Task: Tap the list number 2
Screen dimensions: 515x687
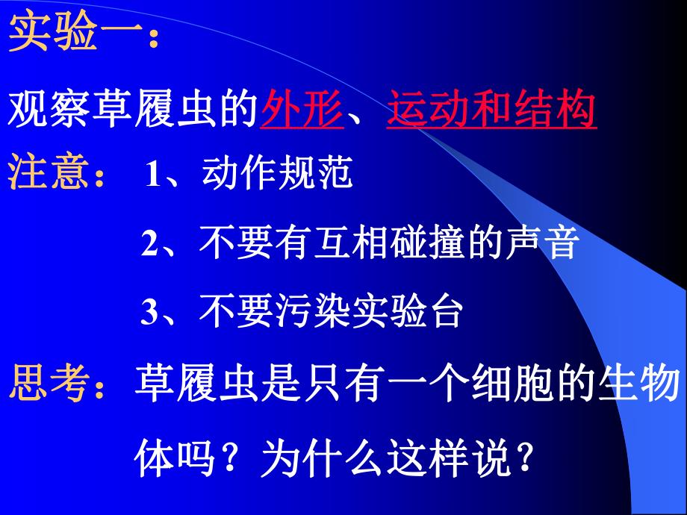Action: click(151, 245)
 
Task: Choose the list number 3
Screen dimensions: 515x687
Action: click(151, 313)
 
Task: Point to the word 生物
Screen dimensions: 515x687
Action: click(643, 385)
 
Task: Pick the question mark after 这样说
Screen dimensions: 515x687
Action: click(525, 458)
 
